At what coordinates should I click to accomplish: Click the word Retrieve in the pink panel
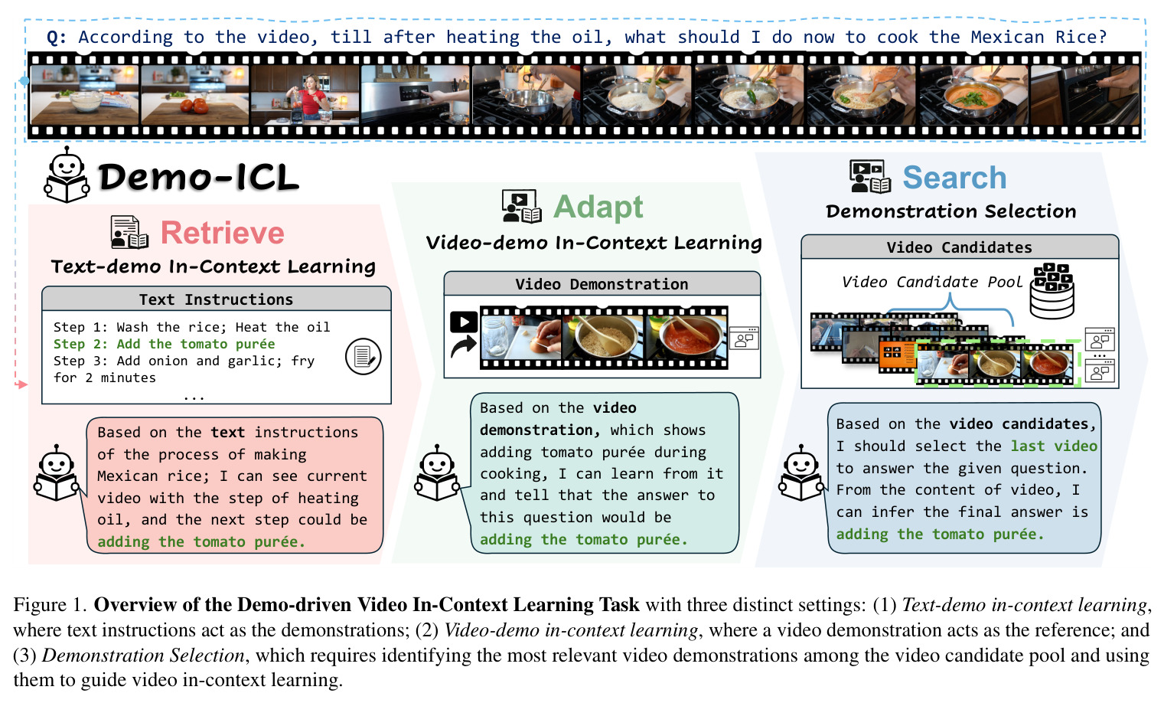(223, 233)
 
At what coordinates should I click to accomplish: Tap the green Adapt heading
(598, 207)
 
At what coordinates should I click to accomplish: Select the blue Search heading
(954, 178)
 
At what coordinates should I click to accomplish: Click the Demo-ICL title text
(198, 178)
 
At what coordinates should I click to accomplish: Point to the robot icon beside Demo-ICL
(67, 175)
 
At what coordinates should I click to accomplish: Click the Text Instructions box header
(216, 299)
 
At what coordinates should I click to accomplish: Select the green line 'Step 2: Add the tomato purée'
(165, 344)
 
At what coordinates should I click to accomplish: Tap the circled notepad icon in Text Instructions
(364, 356)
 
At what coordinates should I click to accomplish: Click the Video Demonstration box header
(602, 284)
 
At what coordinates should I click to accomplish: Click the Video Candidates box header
(959, 247)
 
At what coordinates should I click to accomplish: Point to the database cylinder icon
(1052, 291)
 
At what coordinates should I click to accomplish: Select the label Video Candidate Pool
(932, 282)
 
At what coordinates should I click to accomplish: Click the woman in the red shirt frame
(305, 95)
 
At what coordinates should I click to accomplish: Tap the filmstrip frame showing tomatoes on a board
(195, 95)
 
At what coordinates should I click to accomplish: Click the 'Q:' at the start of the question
(57, 38)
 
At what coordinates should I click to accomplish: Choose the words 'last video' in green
(1054, 446)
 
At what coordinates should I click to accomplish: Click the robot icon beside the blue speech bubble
(800, 472)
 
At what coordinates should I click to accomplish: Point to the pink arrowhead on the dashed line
(22, 384)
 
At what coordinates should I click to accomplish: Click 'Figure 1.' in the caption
(51, 605)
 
